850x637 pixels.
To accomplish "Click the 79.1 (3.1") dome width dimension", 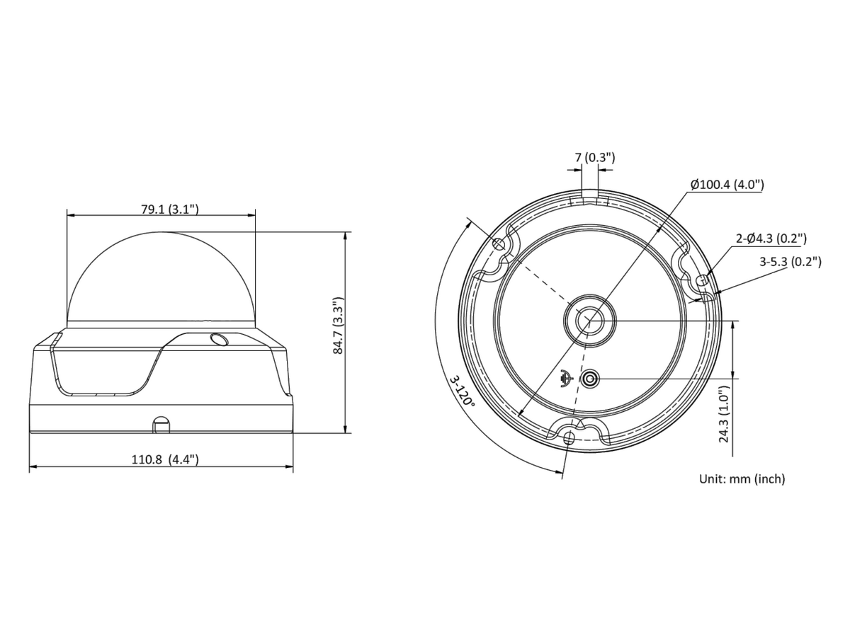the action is click(169, 210).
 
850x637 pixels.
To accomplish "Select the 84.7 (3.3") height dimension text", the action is click(338, 326).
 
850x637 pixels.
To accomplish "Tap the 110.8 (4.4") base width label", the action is click(165, 459).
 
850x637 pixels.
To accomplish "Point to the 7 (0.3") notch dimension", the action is click(595, 157).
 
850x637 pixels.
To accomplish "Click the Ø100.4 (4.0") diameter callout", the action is click(727, 185).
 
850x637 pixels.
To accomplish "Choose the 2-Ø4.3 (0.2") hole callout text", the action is click(771, 239).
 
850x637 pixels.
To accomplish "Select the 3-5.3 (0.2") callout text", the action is click(790, 262).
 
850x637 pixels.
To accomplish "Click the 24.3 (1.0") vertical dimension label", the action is click(723, 414).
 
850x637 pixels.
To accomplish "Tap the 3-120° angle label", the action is click(463, 391).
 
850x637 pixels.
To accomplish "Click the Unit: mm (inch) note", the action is click(742, 479).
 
